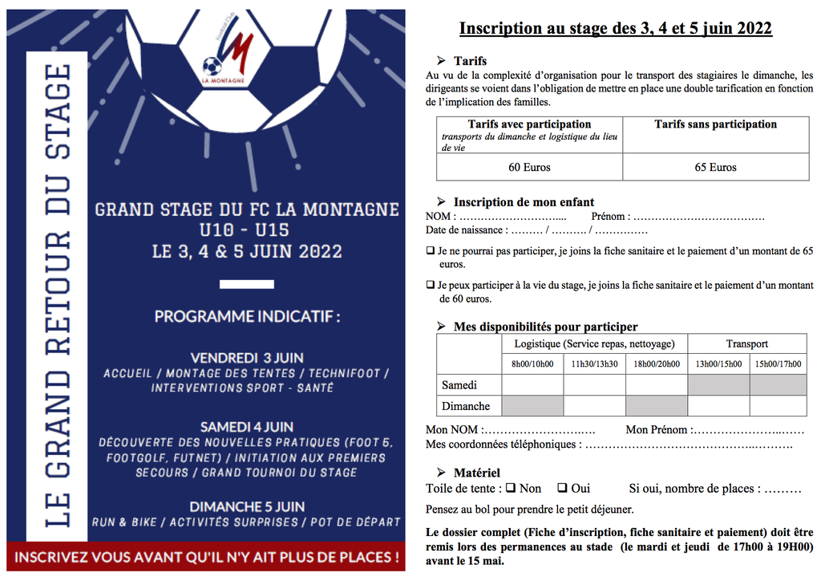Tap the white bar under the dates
coord(247,283)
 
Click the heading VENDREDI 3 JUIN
coord(247,358)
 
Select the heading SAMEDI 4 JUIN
coord(247,427)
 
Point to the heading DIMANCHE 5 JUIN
coord(247,507)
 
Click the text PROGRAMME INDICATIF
coord(247,316)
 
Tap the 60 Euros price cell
coord(529,168)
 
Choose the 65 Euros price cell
coord(715,168)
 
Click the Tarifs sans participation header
coord(715,124)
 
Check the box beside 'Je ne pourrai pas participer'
coord(431,251)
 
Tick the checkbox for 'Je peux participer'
coord(431,285)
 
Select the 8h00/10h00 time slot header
coord(533,364)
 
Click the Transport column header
coord(746,344)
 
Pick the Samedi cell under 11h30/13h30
coord(594,385)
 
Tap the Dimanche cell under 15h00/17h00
coord(778,406)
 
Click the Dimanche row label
coord(466,406)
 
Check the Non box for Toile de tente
coord(511,488)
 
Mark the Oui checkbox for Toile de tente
coord(562,488)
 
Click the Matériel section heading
coord(476,473)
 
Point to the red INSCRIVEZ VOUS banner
coord(206,557)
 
